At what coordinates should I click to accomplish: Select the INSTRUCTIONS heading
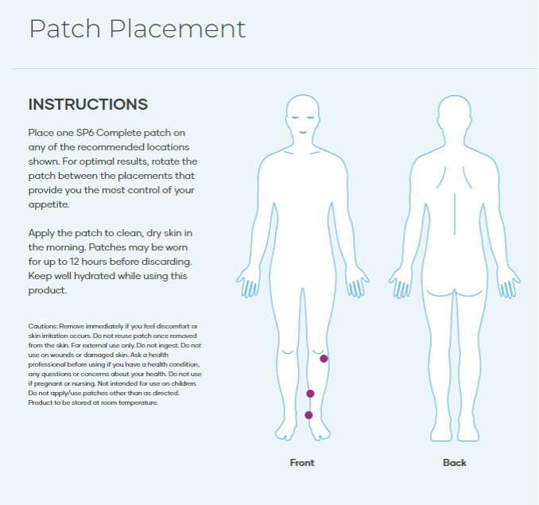(88, 104)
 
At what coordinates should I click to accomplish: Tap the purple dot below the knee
(324, 359)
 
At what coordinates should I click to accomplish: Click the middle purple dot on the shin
(310, 394)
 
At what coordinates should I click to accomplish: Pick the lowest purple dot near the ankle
(308, 415)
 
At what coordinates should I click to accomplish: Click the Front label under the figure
(302, 463)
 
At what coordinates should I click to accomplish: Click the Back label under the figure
(455, 463)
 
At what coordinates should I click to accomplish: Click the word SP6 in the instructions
(88, 132)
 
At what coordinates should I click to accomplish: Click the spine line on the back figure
(456, 211)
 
